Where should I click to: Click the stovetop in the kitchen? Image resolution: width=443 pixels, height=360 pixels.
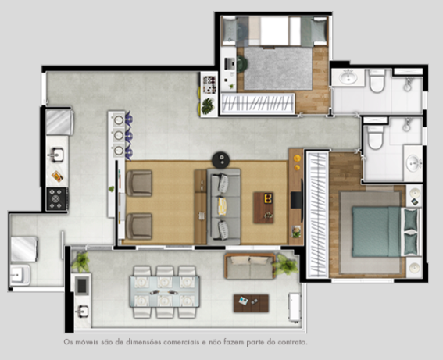point(57,199)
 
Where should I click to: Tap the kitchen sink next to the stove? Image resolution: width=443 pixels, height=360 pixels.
point(57,155)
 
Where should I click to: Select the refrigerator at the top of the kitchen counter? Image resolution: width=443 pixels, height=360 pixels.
point(59,123)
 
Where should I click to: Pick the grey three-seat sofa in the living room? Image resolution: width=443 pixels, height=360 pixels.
point(223,206)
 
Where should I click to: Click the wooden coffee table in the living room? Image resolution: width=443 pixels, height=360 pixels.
point(263,208)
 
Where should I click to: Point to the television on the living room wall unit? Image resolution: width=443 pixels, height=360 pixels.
point(297,199)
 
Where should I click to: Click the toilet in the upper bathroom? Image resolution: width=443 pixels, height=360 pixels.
point(377,80)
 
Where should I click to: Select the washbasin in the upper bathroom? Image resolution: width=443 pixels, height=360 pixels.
point(348,77)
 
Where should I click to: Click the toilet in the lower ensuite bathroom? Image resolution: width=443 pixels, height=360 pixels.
point(375,137)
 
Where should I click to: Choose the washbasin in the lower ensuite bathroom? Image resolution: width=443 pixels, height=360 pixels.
point(413,162)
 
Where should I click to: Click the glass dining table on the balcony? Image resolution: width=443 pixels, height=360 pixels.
point(164,292)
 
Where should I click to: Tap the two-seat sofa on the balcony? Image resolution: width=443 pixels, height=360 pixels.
point(250,266)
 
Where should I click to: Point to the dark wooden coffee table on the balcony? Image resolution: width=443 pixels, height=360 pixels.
point(251,303)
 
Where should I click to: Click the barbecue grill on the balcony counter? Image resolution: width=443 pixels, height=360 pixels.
point(82,286)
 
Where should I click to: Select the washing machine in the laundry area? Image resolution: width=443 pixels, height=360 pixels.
point(24,249)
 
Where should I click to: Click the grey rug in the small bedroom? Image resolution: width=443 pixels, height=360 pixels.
point(277,69)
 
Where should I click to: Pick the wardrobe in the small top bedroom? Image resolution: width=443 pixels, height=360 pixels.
point(258,104)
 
